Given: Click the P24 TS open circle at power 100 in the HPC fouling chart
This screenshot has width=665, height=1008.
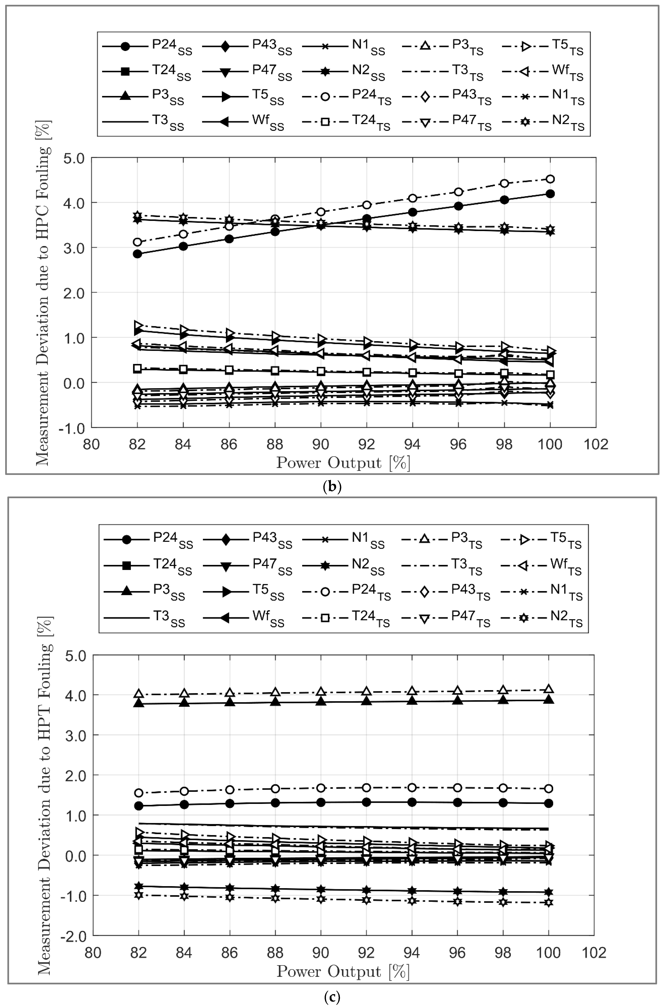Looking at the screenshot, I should coord(550,179).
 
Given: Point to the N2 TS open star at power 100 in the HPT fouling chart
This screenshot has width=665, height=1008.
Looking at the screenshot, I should coord(548,902).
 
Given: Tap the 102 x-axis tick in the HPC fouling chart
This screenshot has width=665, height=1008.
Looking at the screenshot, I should coord(595,444).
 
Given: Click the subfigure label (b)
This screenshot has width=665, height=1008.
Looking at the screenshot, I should coord(332,487).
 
